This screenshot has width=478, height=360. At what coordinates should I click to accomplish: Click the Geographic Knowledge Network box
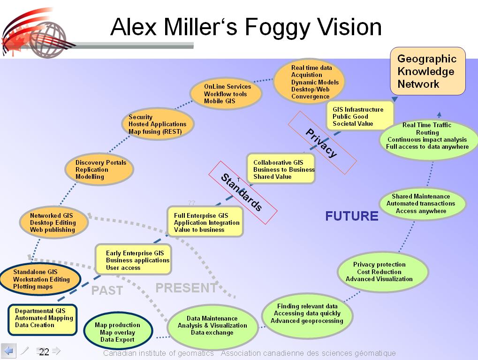(x=428, y=71)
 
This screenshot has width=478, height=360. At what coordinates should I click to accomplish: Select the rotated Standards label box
(x=243, y=192)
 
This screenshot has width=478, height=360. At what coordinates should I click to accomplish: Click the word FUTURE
(x=352, y=216)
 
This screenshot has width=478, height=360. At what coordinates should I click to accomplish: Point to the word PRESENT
(x=186, y=288)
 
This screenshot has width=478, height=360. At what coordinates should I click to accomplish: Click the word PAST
(x=107, y=291)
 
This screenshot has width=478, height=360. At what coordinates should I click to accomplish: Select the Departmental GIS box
(x=42, y=318)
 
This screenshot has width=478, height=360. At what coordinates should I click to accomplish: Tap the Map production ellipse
(x=118, y=332)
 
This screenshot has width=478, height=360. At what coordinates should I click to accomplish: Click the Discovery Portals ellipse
(x=99, y=169)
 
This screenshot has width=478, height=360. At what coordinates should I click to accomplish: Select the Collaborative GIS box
(x=281, y=169)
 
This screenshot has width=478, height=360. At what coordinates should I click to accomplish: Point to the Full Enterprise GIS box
(x=205, y=222)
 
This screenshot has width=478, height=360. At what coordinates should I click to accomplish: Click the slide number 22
(x=44, y=352)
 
